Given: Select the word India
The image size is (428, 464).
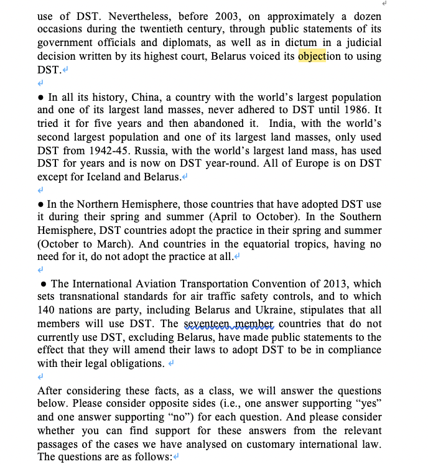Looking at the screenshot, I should coord(283,124).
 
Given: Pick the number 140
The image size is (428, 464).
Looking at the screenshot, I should coord(47,311).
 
